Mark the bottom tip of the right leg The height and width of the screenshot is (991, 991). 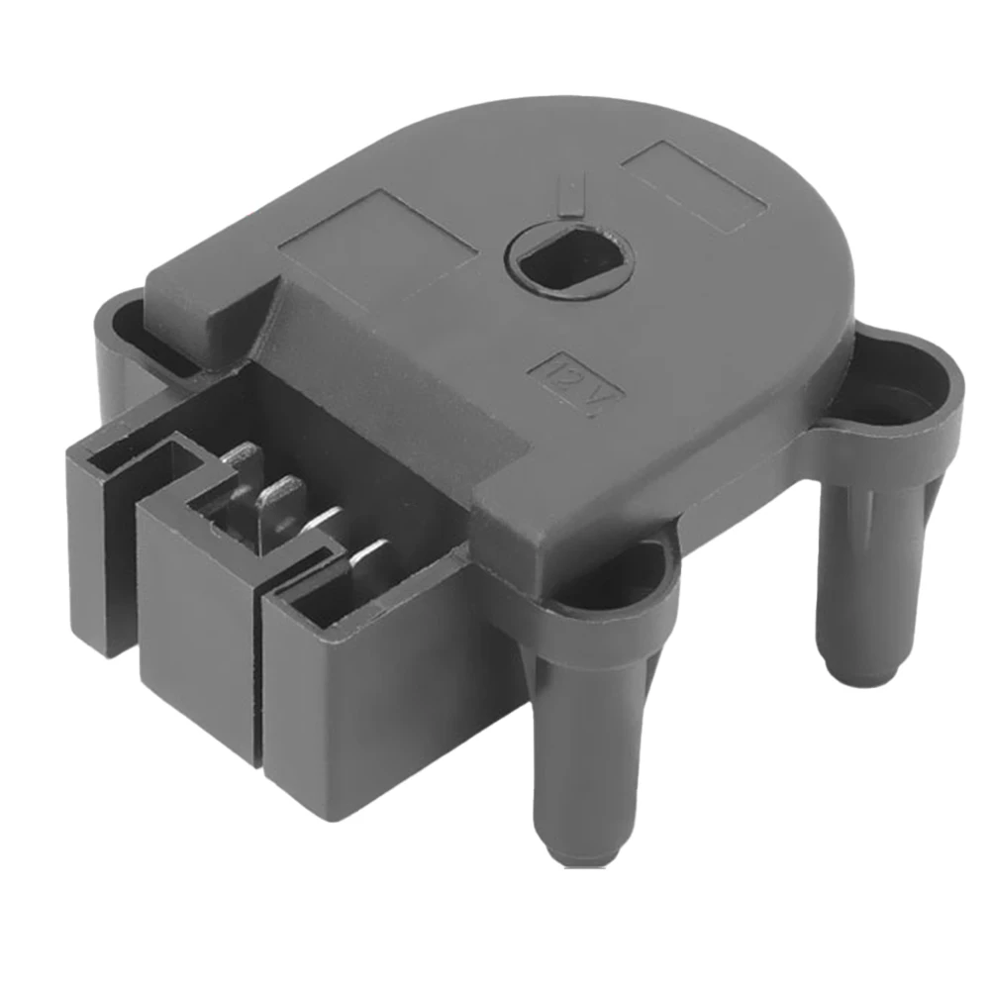pyautogui.click(x=853, y=673)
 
